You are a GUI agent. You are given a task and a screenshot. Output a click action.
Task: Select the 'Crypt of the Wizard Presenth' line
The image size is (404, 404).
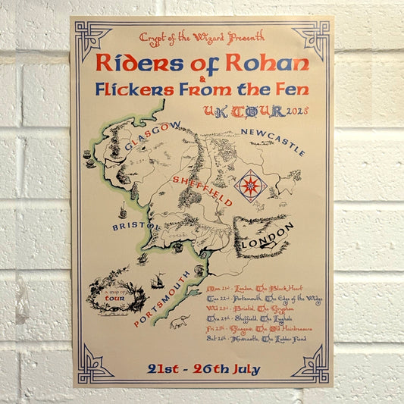202,36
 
